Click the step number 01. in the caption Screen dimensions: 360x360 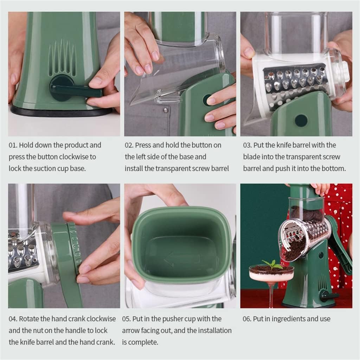click(13, 145)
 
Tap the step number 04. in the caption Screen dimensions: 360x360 click(13, 319)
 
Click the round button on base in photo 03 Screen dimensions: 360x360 click(301, 121)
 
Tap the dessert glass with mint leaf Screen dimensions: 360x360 click(271, 278)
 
